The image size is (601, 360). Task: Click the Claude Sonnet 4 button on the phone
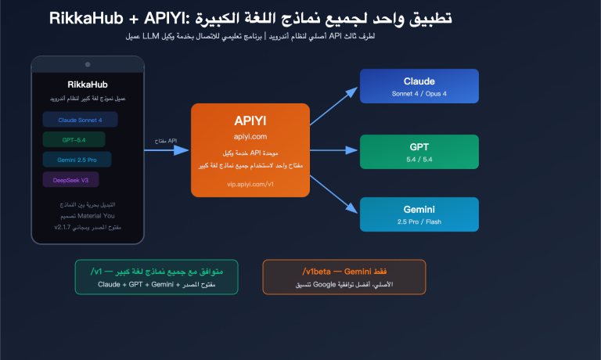pyautogui.click(x=80, y=120)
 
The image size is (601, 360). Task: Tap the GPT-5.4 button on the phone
pyautogui.click(x=74, y=139)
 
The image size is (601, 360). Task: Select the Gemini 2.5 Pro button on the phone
pyautogui.click(x=77, y=160)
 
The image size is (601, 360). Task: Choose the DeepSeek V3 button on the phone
pyautogui.click(x=70, y=179)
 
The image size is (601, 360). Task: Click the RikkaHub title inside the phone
pyautogui.click(x=88, y=85)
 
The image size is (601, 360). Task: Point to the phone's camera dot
pyautogui.click(x=88, y=63)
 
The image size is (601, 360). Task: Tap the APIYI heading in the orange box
pyautogui.click(x=250, y=121)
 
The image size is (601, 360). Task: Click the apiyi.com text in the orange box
pyautogui.click(x=250, y=136)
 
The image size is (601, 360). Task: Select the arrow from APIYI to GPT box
pyautogui.click(x=334, y=149)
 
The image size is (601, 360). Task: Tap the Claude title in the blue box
pyautogui.click(x=419, y=81)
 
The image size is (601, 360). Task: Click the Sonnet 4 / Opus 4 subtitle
pyautogui.click(x=419, y=94)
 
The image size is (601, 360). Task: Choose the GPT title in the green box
pyautogui.click(x=419, y=146)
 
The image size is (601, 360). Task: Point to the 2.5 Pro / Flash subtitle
pyautogui.click(x=419, y=222)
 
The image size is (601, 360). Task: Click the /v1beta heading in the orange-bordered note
pyautogui.click(x=344, y=271)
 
